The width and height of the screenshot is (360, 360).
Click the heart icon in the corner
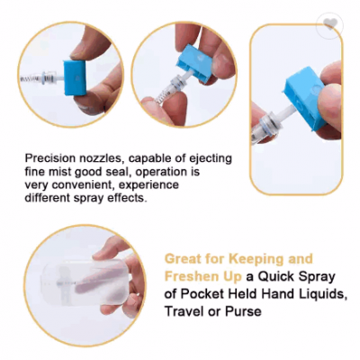330,23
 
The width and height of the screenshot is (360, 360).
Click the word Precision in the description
46,158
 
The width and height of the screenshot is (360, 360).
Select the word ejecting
211,159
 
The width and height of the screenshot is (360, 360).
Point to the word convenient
84,185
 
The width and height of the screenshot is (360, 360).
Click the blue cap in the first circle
76,77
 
